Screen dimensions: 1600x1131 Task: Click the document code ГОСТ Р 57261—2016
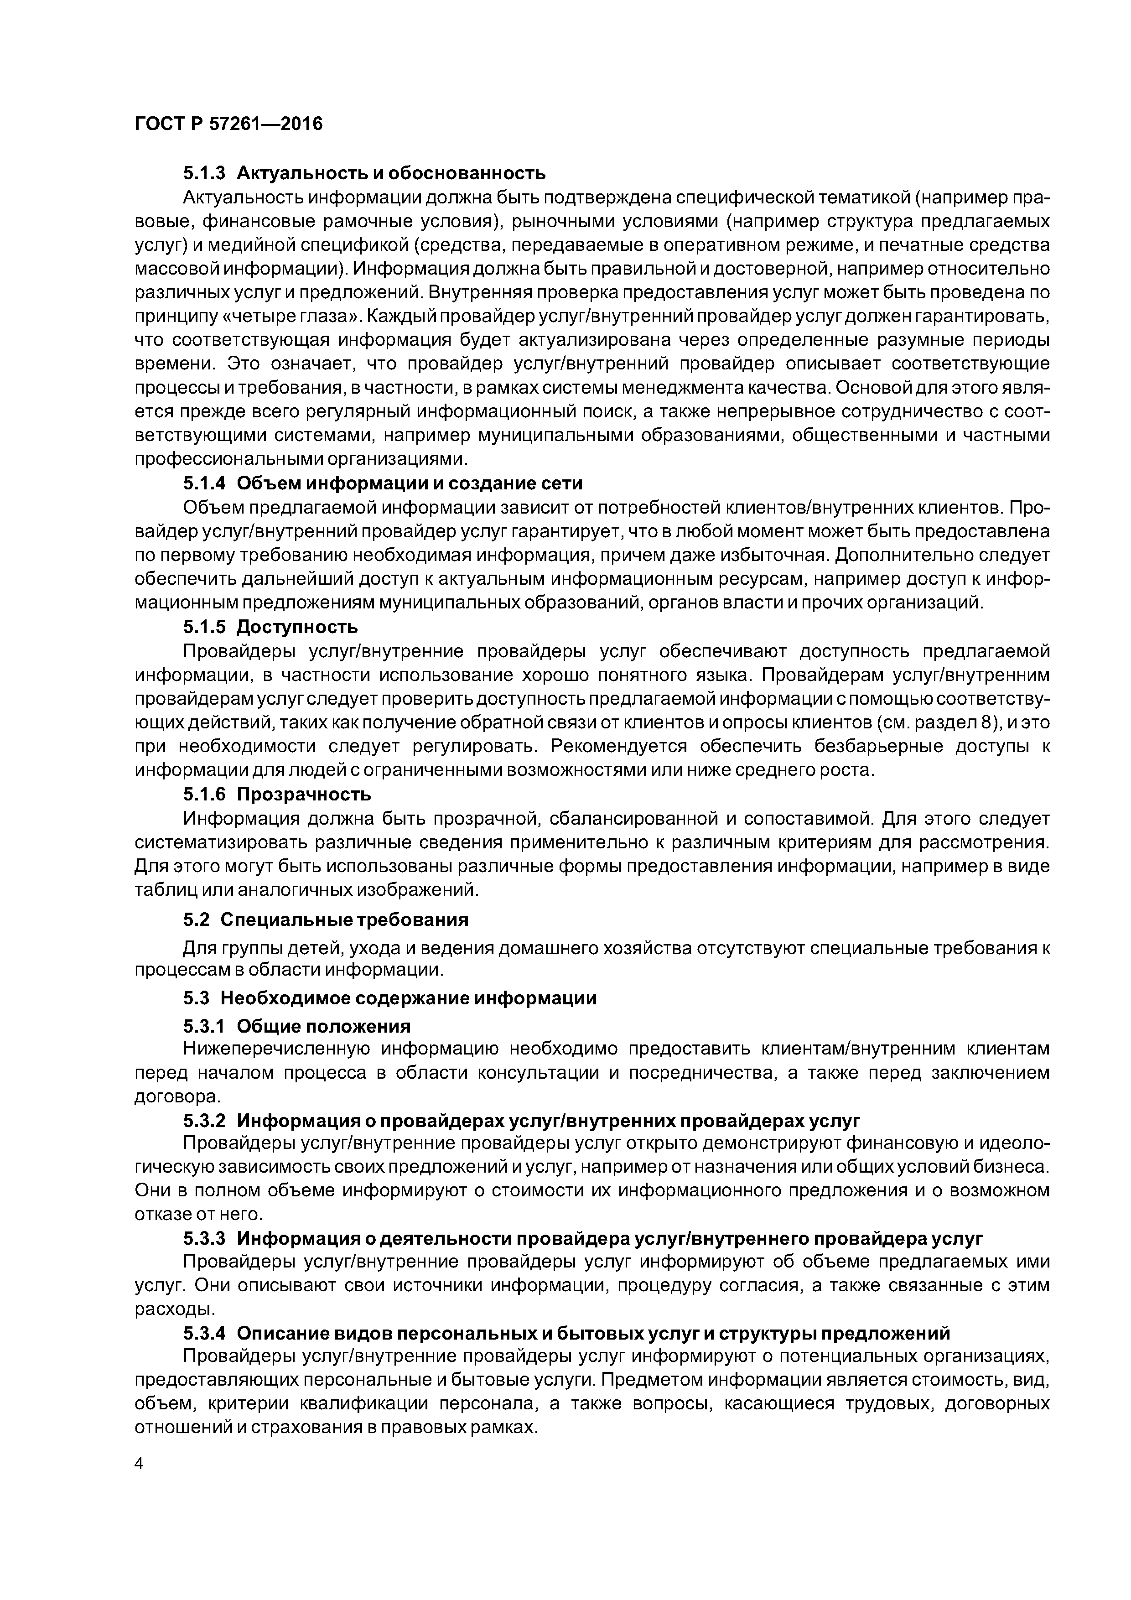point(228,124)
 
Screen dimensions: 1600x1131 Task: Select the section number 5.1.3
point(204,173)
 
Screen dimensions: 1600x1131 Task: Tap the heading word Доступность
point(297,627)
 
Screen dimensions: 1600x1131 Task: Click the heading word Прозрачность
point(304,795)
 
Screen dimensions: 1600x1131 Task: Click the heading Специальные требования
point(344,920)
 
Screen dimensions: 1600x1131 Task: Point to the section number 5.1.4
point(204,483)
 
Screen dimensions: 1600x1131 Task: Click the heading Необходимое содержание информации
point(408,998)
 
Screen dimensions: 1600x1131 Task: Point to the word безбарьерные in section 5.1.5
point(878,746)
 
